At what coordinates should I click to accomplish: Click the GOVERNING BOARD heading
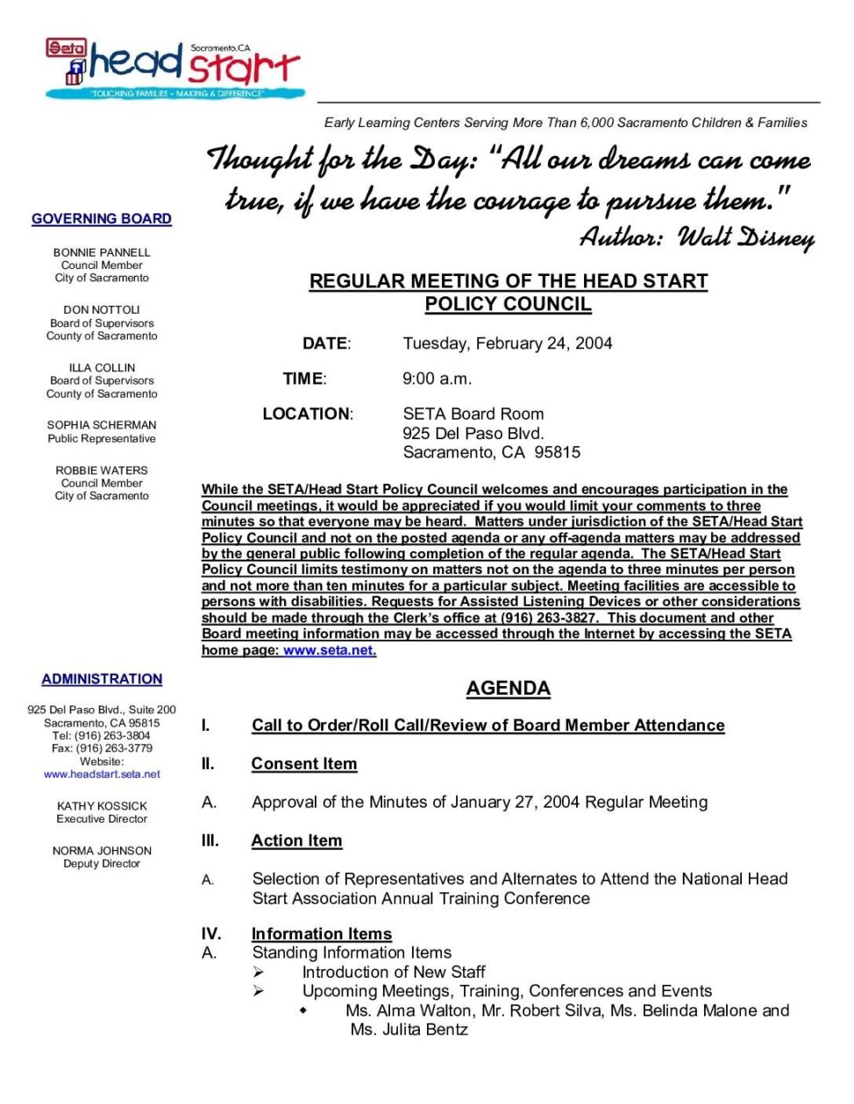[x=102, y=219]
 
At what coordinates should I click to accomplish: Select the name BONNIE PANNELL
[x=102, y=252]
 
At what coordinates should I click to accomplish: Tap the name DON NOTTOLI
[x=102, y=310]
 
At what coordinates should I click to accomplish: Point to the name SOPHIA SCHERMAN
[x=102, y=425]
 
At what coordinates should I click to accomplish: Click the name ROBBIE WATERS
[x=102, y=471]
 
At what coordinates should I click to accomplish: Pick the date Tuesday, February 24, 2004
[x=507, y=343]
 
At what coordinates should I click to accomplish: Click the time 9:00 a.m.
[x=437, y=379]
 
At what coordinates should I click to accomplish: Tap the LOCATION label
[x=307, y=414]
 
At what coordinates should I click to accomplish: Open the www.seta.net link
[x=329, y=650]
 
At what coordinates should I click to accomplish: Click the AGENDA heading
[x=508, y=689]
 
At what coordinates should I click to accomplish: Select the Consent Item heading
[x=303, y=764]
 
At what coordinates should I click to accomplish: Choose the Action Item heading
[x=296, y=841]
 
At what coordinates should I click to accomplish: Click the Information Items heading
[x=321, y=934]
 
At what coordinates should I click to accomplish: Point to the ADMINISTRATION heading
[x=102, y=679]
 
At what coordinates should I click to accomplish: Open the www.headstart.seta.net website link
[x=102, y=775]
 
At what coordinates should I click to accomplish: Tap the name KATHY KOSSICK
[x=102, y=806]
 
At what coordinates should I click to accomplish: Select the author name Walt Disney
[x=745, y=237]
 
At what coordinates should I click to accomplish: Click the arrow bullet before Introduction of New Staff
[x=259, y=972]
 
